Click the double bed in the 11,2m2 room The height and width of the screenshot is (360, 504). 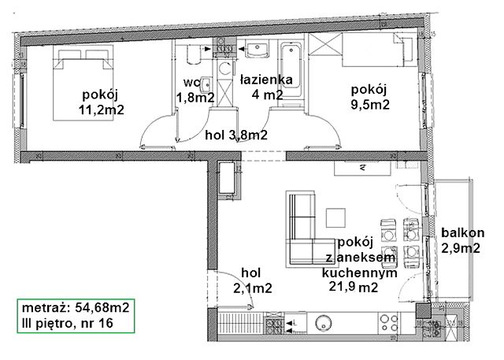[83, 86]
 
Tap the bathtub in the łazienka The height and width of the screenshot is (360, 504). [291, 70]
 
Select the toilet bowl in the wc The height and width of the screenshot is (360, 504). [193, 54]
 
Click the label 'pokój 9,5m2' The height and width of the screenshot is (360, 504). [369, 97]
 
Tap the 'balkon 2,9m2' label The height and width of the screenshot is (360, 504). [462, 240]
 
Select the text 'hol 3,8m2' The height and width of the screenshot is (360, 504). [236, 135]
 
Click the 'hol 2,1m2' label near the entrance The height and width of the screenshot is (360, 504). [252, 280]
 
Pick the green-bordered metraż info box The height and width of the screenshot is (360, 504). [76, 316]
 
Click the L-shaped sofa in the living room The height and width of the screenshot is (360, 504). [309, 228]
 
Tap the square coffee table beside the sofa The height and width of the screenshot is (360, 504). [336, 217]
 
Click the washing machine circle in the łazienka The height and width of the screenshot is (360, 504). [224, 69]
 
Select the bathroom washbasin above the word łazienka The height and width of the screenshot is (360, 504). [258, 49]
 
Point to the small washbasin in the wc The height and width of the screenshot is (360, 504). [206, 84]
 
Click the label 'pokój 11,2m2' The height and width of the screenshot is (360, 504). [102, 102]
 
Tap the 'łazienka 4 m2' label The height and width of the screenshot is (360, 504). [267, 87]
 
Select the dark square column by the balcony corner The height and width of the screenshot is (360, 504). [423, 311]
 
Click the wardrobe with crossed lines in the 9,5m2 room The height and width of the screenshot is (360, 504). [324, 44]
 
